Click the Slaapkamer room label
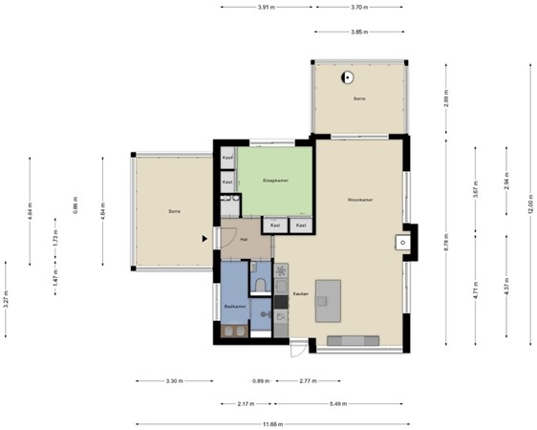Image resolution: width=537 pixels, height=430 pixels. (x=275, y=180)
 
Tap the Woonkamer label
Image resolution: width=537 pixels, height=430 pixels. (x=359, y=200)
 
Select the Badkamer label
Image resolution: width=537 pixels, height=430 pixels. (x=235, y=306)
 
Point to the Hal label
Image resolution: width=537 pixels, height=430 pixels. (x=245, y=240)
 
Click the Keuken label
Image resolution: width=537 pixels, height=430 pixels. (x=300, y=293)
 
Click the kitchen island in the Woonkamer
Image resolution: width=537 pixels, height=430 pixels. (x=329, y=301)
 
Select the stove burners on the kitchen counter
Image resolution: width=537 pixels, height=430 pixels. (x=281, y=270)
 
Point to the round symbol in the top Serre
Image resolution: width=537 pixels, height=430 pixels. (x=347, y=77)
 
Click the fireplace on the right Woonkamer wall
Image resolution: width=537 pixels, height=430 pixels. (x=406, y=242)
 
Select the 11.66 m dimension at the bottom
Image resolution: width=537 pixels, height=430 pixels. (x=273, y=423)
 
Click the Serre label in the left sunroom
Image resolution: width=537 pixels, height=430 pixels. (x=174, y=210)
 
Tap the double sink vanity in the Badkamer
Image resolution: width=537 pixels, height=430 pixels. (x=232, y=331)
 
